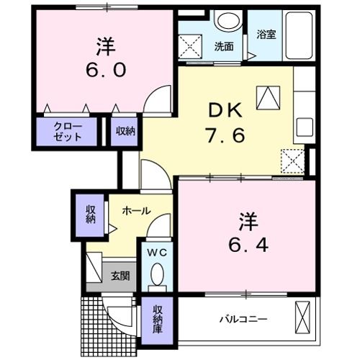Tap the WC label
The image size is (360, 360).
157,253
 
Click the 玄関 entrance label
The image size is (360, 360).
120,275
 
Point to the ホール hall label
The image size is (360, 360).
136,211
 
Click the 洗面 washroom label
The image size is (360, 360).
223,47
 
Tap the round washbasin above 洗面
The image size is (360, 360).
228,21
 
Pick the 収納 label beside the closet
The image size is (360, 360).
126,132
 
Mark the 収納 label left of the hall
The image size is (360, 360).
91,214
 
